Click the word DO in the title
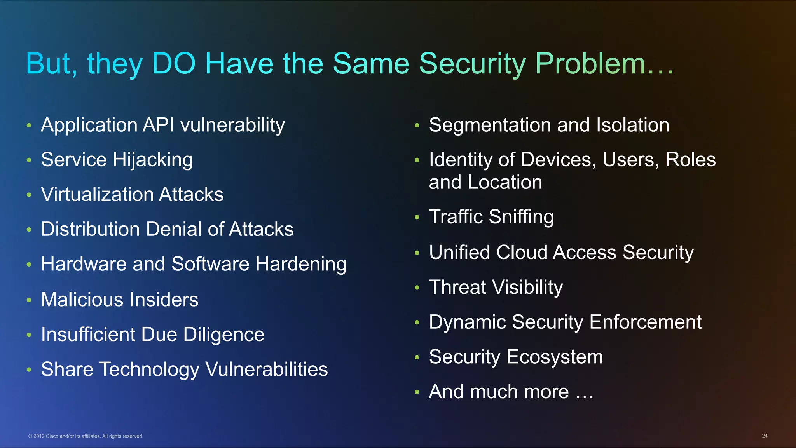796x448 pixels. pyautogui.click(x=173, y=63)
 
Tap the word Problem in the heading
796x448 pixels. pyautogui.click(x=590, y=63)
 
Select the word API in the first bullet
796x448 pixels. pyautogui.click(x=158, y=125)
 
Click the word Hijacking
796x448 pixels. pyautogui.click(x=153, y=160)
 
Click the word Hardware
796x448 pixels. pyautogui.click(x=84, y=264)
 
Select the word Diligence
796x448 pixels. pyautogui.click(x=223, y=335)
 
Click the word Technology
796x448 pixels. pyautogui.click(x=149, y=370)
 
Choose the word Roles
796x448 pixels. pyautogui.click(x=690, y=160)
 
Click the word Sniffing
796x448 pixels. pyautogui.click(x=521, y=217)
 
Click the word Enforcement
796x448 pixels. pyautogui.click(x=645, y=322)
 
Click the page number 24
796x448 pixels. pyautogui.click(x=764, y=436)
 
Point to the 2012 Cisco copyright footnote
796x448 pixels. pyautogui.click(x=86, y=436)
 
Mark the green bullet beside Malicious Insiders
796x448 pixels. pyautogui.click(x=29, y=300)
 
